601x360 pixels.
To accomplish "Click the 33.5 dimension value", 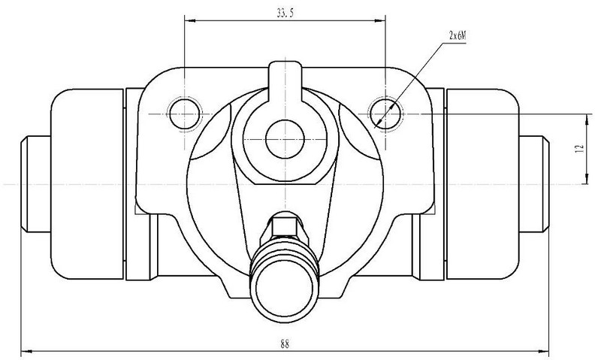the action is point(285,14).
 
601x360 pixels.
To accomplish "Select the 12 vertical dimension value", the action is point(579,148).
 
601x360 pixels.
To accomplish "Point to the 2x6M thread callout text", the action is point(458,36).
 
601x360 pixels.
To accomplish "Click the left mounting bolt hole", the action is point(185,114).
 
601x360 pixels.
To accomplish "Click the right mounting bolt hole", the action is point(385,114).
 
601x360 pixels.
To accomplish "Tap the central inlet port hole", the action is point(285,139).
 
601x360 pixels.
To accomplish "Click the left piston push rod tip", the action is point(35,184).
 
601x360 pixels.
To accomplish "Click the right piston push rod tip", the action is point(534,184).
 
